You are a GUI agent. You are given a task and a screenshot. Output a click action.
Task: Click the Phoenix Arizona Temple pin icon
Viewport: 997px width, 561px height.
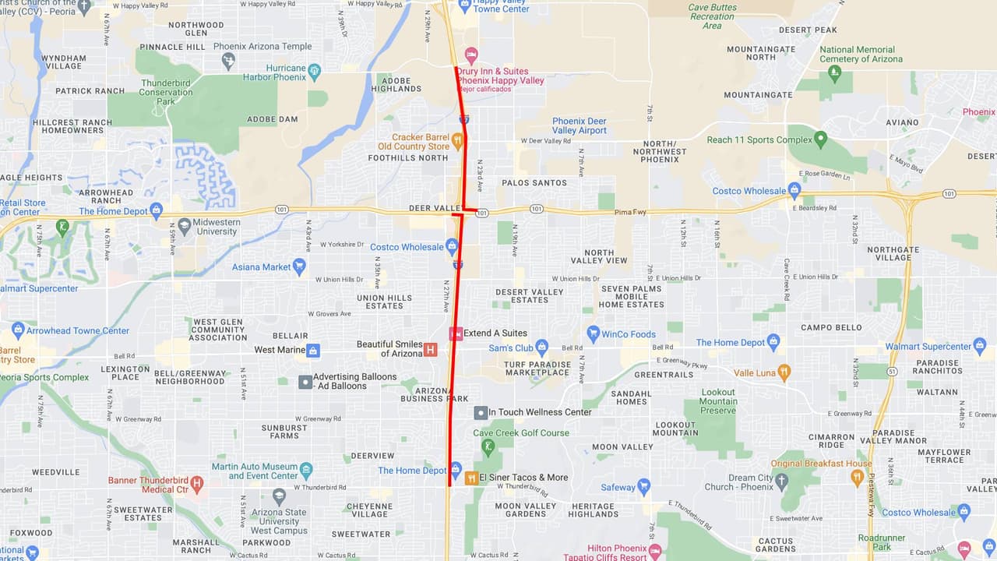click(x=228, y=60)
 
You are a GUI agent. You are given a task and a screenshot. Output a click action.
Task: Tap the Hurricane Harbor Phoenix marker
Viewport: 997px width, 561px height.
click(x=315, y=72)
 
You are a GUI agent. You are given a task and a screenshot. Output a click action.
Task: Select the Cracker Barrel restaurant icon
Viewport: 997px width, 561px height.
click(x=457, y=140)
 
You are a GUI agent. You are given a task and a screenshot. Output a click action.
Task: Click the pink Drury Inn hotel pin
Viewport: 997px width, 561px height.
click(x=470, y=55)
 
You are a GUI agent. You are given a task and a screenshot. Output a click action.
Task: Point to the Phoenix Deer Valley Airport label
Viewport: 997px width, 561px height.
click(x=580, y=125)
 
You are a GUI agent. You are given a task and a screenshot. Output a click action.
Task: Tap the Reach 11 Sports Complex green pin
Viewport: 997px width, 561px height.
click(x=820, y=139)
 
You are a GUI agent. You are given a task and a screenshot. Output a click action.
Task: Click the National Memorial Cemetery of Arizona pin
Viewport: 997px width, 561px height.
click(x=835, y=73)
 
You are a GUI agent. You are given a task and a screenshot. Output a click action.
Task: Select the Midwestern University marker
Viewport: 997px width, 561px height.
click(x=185, y=226)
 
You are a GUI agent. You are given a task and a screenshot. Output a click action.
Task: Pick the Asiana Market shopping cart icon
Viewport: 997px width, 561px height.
click(x=298, y=266)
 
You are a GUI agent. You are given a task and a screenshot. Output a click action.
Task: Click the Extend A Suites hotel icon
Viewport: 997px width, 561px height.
click(x=456, y=333)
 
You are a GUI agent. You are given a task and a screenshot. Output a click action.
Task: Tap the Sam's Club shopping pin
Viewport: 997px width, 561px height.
click(x=542, y=348)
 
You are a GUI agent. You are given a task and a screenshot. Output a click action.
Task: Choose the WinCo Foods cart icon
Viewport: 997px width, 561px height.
click(x=593, y=334)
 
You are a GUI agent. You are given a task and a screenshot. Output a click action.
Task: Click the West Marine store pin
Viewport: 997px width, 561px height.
click(x=312, y=350)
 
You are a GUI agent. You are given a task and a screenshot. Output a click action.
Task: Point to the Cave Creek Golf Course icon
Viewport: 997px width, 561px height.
click(x=488, y=446)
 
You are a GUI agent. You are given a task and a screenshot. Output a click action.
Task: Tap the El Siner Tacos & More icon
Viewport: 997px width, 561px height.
click(x=471, y=478)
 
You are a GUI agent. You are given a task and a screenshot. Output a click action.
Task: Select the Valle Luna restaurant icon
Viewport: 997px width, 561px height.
click(x=784, y=372)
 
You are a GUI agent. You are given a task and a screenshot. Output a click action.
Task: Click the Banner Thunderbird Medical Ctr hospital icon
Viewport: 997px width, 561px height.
click(x=196, y=484)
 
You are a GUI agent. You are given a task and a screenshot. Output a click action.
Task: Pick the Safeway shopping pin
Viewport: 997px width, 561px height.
click(x=643, y=487)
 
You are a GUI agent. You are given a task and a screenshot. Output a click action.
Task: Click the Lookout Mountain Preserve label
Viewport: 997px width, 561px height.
click(x=718, y=401)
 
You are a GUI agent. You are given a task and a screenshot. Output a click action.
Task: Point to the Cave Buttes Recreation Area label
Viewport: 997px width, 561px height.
click(x=712, y=16)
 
